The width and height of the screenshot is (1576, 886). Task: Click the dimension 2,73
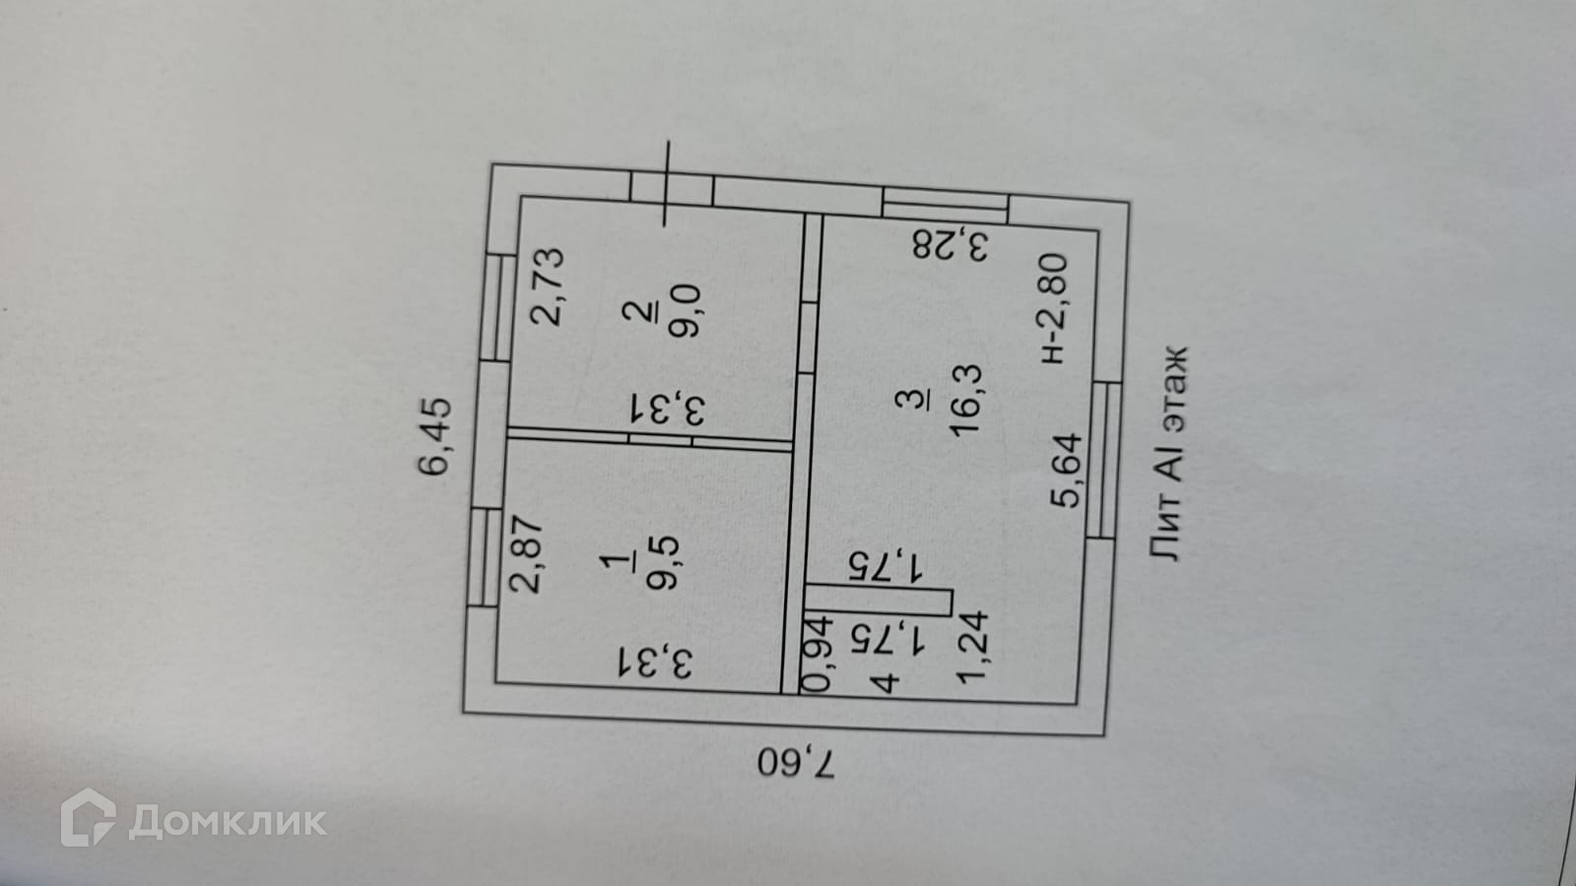coord(547,285)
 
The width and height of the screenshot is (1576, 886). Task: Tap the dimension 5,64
coord(1067,471)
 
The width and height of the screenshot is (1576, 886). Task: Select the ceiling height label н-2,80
coord(1053,307)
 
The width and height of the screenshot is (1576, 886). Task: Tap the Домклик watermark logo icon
coord(89,817)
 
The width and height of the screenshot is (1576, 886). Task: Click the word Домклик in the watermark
coord(228,820)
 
